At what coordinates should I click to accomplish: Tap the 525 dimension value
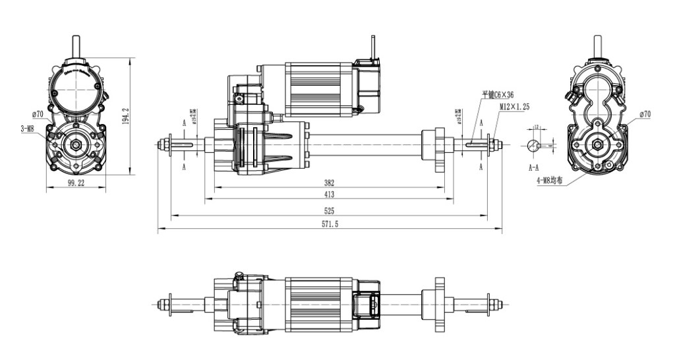point(329,210)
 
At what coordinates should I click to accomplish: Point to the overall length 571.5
point(329,224)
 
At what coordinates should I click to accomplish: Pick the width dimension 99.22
point(75,183)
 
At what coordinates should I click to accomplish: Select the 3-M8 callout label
point(27,129)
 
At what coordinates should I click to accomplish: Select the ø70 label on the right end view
point(644,114)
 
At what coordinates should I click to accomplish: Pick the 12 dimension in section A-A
point(537,127)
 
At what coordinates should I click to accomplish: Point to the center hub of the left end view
point(77,144)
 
